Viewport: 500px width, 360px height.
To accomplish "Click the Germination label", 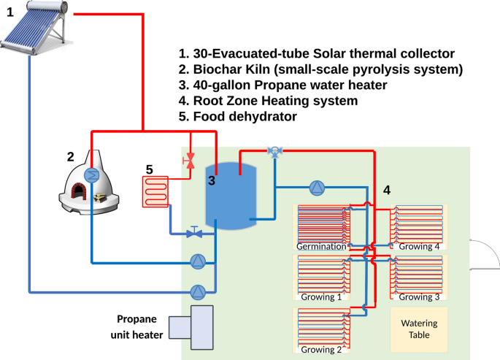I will (x=321, y=246).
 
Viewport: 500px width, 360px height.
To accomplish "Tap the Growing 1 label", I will (x=321, y=297).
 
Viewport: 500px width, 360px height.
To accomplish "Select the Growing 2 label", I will (x=321, y=349).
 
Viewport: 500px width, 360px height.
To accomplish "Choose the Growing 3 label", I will (x=420, y=297).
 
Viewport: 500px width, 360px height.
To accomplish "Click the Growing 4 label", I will (x=420, y=246).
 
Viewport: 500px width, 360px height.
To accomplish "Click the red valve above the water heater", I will (x=191, y=160).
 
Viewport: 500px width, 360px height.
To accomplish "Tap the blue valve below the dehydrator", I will (x=194, y=234).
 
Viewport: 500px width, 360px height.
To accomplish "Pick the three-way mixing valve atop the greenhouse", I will (x=274, y=152).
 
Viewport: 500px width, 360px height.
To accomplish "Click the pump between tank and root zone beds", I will (x=316, y=188).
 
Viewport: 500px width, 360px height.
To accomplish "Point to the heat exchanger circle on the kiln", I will (x=91, y=175).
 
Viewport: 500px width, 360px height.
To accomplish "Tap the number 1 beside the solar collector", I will (x=10, y=12).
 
